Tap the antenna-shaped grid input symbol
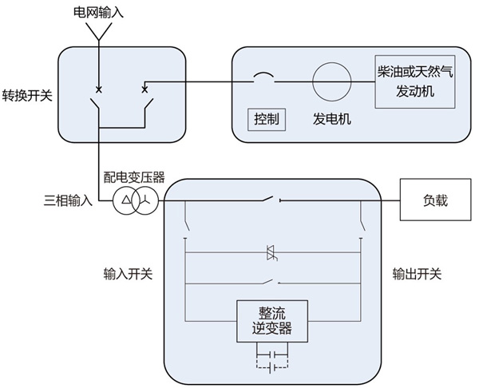point(99,31)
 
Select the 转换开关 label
point(26,96)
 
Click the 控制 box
point(267,120)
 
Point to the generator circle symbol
point(332,81)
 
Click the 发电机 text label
point(332,120)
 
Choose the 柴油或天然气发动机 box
point(414,81)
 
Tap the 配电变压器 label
point(133,176)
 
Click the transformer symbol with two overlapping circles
point(133,200)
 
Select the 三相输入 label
point(69,200)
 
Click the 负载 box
point(434,200)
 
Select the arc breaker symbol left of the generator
point(263,77)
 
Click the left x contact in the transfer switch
point(99,89)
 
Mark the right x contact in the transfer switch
point(144,89)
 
